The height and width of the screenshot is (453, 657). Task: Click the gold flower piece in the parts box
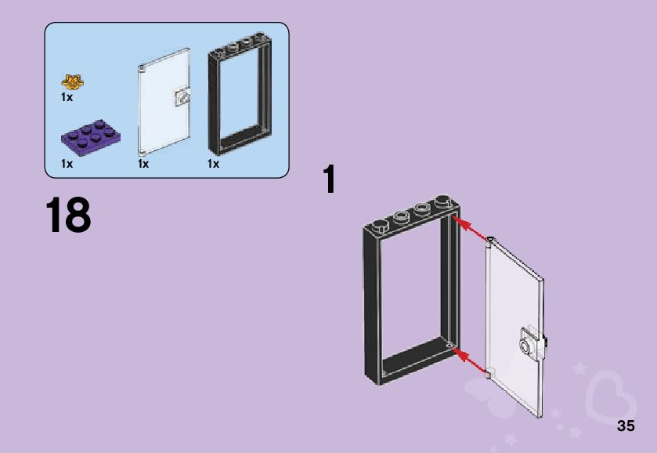(x=73, y=81)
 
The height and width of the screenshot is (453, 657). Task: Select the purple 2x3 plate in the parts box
(x=90, y=136)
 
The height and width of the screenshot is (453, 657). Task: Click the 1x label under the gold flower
(x=67, y=98)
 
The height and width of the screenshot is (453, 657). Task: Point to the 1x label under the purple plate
(x=67, y=164)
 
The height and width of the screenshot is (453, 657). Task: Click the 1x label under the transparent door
(x=143, y=164)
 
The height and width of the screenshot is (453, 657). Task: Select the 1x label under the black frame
(x=213, y=164)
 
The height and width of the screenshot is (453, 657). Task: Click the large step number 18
(x=68, y=216)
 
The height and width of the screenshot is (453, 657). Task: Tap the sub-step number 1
(x=330, y=179)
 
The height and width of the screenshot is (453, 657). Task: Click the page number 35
(x=625, y=426)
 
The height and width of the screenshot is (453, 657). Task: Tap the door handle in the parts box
(x=182, y=98)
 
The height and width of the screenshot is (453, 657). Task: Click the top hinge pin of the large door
(x=490, y=238)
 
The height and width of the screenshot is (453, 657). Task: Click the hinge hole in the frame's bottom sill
(x=449, y=344)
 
